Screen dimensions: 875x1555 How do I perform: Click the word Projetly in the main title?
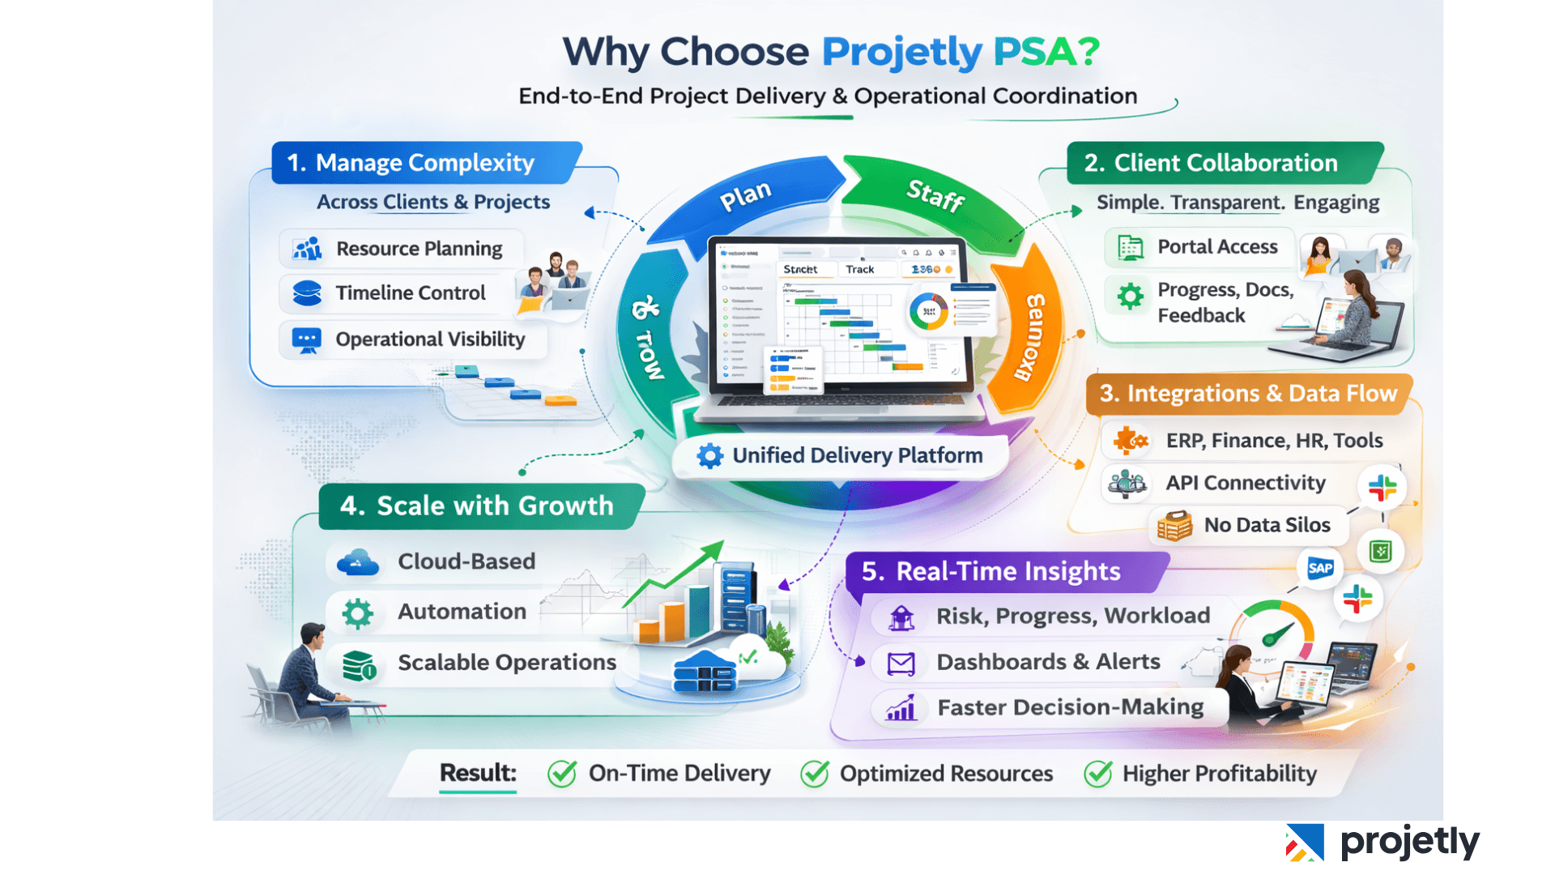(901, 52)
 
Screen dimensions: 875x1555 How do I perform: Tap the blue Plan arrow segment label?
(745, 195)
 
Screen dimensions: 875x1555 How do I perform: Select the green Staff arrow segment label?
(935, 194)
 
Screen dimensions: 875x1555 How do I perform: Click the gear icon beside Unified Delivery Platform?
(709, 456)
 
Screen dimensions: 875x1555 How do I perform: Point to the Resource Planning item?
(418, 249)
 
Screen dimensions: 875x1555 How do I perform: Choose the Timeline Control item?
(410, 293)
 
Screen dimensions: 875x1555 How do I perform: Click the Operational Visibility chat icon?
(306, 340)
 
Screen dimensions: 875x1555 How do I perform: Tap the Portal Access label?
(1216, 247)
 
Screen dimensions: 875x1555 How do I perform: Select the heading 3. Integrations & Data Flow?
(1247, 394)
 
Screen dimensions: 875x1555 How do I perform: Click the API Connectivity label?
(1245, 483)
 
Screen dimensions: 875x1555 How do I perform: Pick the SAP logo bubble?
(1320, 568)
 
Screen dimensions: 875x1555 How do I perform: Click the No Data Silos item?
(1266, 525)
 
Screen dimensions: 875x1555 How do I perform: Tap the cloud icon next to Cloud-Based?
(357, 562)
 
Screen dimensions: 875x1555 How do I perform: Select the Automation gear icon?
(357, 613)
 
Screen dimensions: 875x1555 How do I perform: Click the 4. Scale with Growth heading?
(476, 506)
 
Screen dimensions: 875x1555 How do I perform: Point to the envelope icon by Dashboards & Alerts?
(901, 664)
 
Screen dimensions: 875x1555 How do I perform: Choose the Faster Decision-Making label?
(1070, 707)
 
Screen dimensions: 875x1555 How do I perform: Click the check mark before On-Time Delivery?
(562, 774)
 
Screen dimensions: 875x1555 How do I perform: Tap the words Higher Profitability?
(1219, 774)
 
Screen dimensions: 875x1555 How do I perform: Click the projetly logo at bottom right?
(1382, 843)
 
